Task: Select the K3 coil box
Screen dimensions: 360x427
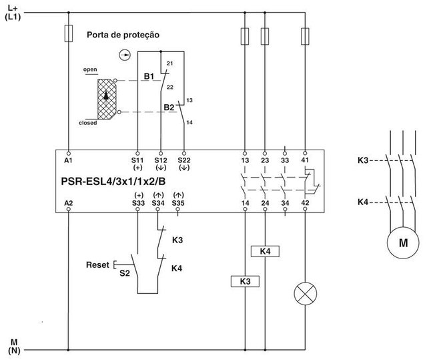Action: (x=245, y=282)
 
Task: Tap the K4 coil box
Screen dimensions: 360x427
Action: (x=265, y=251)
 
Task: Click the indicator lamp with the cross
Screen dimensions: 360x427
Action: (x=305, y=293)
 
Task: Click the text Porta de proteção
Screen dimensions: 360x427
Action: (x=122, y=34)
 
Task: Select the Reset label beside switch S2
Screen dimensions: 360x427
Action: (x=97, y=265)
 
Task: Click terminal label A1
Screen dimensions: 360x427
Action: (x=69, y=161)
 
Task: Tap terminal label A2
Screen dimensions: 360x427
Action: (x=69, y=201)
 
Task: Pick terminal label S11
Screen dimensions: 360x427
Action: (x=138, y=161)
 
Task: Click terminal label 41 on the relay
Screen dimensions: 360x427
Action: (x=305, y=161)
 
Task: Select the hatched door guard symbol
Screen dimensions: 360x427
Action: (x=106, y=98)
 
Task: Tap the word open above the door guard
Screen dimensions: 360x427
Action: (x=90, y=69)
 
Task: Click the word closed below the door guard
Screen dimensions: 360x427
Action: (x=87, y=123)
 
